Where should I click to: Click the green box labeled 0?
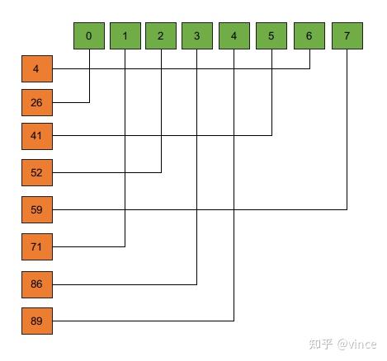click(x=89, y=36)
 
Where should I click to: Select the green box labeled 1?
click(x=125, y=36)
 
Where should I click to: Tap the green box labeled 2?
click(x=161, y=36)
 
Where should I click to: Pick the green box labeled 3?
click(x=197, y=36)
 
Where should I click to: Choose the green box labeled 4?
click(x=234, y=36)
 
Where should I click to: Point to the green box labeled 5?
click(x=271, y=36)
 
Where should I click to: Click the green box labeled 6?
click(x=309, y=36)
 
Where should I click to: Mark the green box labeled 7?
click(x=347, y=36)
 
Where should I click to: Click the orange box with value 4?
click(x=37, y=68)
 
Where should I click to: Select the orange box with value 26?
click(x=37, y=102)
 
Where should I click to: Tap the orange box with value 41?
click(x=37, y=136)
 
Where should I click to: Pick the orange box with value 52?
click(x=37, y=172)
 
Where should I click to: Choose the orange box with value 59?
click(x=37, y=209)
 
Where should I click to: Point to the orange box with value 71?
click(x=37, y=246)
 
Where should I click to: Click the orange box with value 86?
click(x=37, y=284)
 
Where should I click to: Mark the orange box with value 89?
click(x=37, y=321)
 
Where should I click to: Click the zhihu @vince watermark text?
click(x=342, y=344)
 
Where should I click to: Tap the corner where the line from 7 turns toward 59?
click(x=347, y=209)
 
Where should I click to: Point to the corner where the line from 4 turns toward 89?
click(x=234, y=321)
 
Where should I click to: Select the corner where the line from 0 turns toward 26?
click(x=89, y=102)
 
